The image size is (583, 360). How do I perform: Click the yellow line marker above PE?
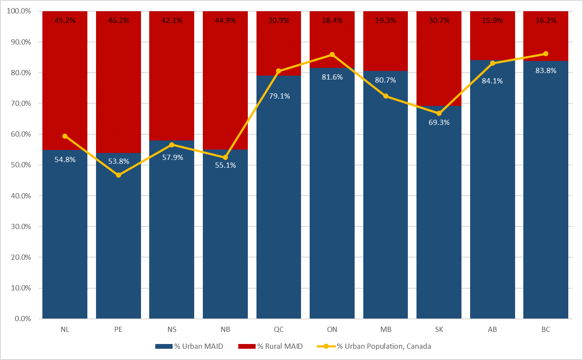[118, 175]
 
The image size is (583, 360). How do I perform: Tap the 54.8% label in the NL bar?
[65, 159]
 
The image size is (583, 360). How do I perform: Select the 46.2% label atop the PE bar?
[118, 20]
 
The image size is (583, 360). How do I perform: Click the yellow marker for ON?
[332, 54]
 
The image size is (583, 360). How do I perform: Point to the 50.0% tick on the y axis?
[19, 165]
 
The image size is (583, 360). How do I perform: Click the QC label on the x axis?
[279, 329]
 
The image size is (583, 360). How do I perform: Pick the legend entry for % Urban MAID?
[189, 346]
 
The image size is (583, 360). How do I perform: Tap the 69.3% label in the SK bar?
[439, 122]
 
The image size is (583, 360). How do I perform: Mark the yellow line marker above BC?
[546, 54]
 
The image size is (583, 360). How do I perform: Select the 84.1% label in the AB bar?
[492, 80]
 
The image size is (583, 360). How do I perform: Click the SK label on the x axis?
[439, 329]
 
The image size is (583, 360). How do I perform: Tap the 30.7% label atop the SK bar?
[439, 20]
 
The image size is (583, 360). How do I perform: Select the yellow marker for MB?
[386, 96]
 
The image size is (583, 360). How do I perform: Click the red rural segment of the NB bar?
[225, 82]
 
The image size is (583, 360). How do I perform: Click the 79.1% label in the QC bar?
[279, 96]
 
